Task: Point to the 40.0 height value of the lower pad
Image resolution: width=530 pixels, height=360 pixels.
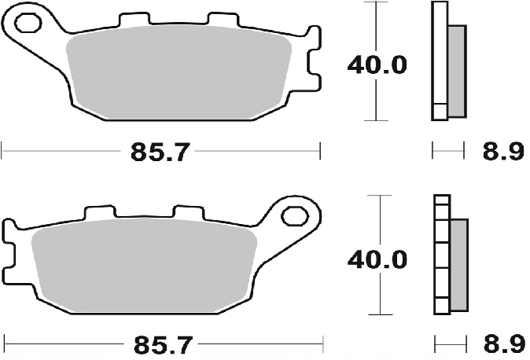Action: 377,257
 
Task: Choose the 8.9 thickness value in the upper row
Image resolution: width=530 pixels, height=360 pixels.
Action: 502,152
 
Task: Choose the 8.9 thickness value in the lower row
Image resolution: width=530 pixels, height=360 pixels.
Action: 502,343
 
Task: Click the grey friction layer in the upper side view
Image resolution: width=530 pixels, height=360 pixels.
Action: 455,68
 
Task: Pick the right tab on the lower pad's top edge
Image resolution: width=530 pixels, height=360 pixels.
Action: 187,211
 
